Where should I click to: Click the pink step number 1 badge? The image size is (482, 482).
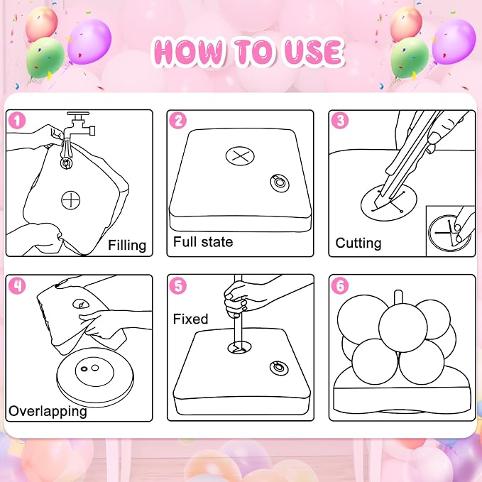17,120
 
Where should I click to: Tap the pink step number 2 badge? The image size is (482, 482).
178,120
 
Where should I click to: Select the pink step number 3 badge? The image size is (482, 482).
340,120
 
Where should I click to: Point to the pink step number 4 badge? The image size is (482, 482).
17,285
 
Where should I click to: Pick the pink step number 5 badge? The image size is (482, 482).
178,285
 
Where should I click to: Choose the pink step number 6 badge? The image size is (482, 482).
340,285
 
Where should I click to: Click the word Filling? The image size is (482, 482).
127,246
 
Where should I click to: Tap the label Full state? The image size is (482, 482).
203,242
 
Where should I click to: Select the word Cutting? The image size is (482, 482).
358,243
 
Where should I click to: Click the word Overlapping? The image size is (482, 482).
48,411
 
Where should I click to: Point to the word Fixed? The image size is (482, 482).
190,319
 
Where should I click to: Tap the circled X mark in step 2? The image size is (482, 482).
240,156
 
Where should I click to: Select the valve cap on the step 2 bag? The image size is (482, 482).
280,183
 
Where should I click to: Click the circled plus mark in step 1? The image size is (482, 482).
70,200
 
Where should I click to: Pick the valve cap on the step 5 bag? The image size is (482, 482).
279,368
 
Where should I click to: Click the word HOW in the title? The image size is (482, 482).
188,51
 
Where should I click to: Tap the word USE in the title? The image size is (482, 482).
312,51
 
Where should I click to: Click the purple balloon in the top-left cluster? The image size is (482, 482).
89,41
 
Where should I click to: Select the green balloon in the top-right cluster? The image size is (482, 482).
410,58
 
